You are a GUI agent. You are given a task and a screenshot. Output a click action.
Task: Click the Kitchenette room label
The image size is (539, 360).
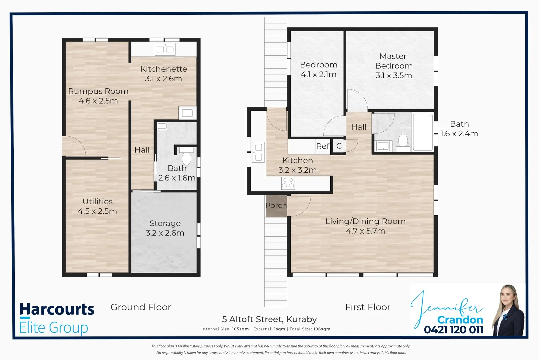pos(163,69)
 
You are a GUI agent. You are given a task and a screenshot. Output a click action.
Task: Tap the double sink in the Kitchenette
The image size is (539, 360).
pos(165,50)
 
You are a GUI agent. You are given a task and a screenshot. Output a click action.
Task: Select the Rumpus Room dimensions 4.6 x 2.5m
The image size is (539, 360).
pos(98,101)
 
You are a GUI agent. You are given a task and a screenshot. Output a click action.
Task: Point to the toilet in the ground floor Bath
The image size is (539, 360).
pos(186,157)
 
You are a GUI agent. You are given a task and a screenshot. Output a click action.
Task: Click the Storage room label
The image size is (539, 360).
pos(165,223)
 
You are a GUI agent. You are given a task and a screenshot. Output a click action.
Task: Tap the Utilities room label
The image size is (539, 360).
pos(97,202)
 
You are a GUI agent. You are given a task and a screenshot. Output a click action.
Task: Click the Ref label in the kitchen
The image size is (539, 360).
pos(322,146)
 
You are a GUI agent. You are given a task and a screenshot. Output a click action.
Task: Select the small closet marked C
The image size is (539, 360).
pos(339,146)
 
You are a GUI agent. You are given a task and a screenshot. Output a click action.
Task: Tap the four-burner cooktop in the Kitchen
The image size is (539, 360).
pos(288,183)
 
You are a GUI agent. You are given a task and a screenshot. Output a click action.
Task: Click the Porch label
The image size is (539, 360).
pos(276,206)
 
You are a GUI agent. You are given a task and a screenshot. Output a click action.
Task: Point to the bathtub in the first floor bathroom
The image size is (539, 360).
pos(423,132)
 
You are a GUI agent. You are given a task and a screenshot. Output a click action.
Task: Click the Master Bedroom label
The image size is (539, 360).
pos(394,61)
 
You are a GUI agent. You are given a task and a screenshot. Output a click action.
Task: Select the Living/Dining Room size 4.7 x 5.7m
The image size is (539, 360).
pos(365,231)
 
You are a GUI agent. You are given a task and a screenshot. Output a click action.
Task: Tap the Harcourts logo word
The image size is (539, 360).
pos(57,309)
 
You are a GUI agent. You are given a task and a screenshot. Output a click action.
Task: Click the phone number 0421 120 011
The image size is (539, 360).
pos(453,330)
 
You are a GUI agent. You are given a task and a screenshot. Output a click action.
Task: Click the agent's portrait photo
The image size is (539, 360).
pos(508,310)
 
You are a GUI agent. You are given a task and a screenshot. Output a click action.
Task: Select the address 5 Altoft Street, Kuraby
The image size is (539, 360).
pos(269,319)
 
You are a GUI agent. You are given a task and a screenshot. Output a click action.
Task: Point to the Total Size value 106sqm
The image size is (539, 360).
pos(322,329)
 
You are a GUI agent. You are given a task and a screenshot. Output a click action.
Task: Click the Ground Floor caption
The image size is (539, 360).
pos(141,307)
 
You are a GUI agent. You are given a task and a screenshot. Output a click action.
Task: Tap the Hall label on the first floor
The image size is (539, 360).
pos(358,127)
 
